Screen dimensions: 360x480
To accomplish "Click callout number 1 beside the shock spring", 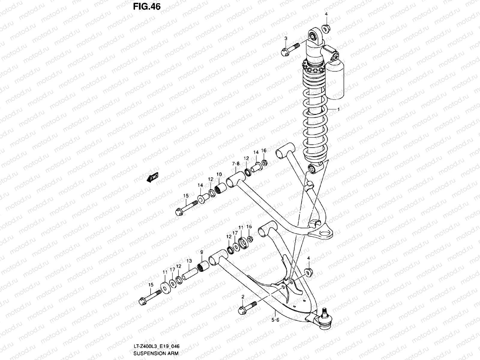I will click(338, 109).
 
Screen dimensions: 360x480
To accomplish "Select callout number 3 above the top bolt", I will click(286, 38).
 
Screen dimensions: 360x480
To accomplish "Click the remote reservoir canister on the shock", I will click(335, 79).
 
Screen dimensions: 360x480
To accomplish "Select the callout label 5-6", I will click(275, 320).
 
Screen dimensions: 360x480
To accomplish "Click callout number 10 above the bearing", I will click(219, 174).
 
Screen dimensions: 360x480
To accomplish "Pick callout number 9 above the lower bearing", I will click(202, 252).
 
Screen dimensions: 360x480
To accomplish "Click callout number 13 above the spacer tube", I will click(189, 261).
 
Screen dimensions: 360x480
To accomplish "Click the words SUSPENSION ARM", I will click(154, 353).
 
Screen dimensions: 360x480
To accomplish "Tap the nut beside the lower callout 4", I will click(308, 272).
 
